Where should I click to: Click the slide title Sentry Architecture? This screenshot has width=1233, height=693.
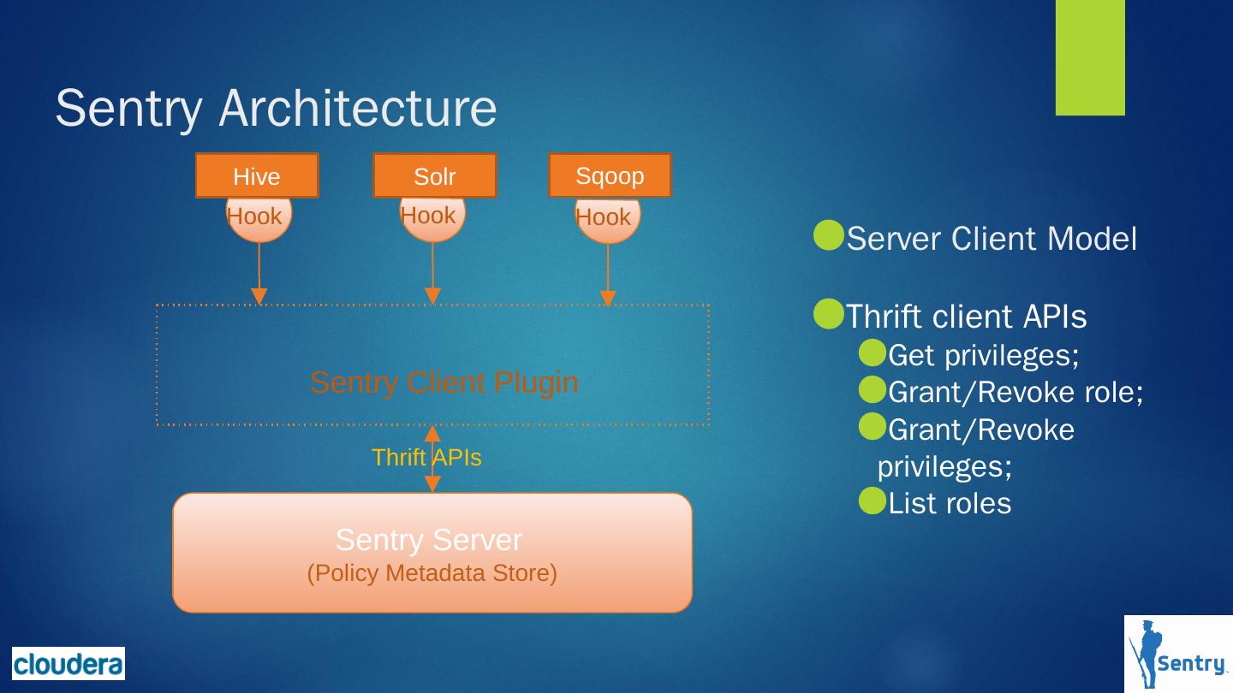point(276,109)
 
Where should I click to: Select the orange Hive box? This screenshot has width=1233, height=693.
point(257,175)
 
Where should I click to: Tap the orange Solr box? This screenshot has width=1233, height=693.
point(434,175)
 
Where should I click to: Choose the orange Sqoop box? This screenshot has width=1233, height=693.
point(610,175)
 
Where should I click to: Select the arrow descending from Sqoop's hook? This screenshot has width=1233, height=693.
point(608,274)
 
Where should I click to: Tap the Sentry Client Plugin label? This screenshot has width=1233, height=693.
point(444,382)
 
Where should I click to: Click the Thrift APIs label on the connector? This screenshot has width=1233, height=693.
point(426,458)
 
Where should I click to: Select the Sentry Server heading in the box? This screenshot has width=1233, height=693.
point(428,540)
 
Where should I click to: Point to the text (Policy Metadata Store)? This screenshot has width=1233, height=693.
point(432,572)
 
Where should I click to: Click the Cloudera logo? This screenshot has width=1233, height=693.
point(68,663)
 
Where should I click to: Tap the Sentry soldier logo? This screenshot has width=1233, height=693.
point(1178,654)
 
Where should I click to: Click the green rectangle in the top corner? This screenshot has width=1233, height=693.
point(1089,56)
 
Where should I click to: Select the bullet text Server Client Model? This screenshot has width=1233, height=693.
point(991,240)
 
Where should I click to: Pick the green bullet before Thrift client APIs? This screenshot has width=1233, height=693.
point(828,315)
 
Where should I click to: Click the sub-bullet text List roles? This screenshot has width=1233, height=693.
point(949,503)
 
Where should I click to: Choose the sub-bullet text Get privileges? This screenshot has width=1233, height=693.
point(983,354)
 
